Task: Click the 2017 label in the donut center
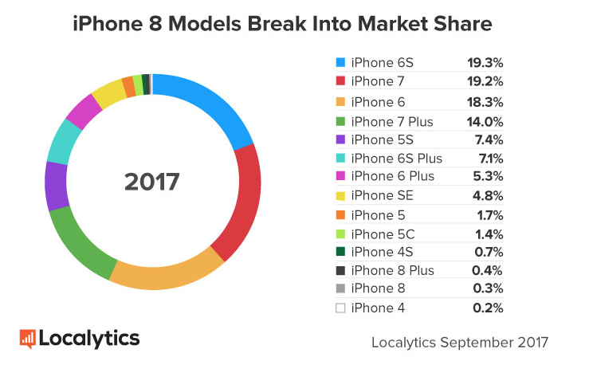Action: (x=152, y=182)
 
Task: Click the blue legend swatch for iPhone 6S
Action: (x=340, y=61)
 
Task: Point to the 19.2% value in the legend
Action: (x=485, y=81)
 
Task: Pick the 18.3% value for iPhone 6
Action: (x=485, y=102)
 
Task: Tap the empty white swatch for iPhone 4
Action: (x=340, y=308)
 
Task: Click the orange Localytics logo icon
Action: (x=28, y=338)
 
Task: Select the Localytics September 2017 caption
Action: (x=460, y=343)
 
